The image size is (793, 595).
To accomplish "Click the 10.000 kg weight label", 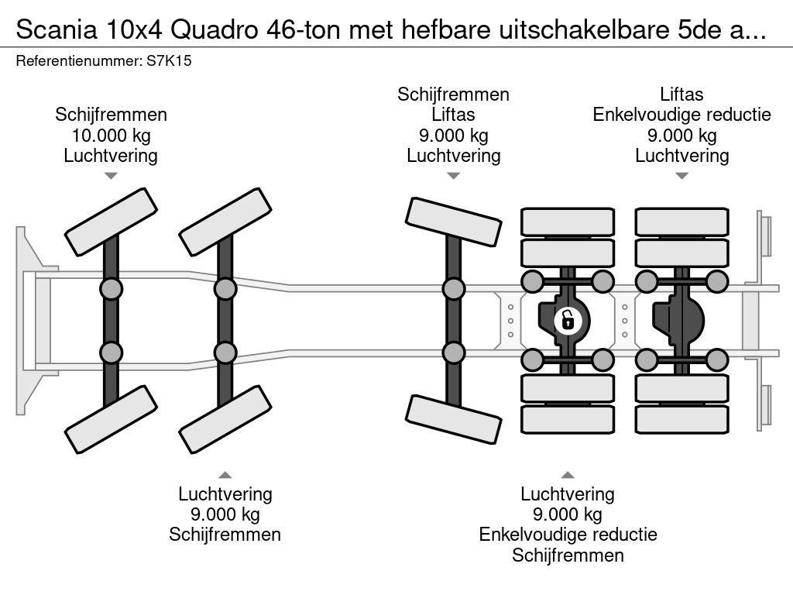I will (111, 136).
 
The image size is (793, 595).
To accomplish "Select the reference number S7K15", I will (169, 61).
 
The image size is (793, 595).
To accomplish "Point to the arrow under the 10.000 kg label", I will (111, 176).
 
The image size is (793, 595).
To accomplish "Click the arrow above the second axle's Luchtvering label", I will (225, 474).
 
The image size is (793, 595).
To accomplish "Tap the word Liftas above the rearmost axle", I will (681, 95).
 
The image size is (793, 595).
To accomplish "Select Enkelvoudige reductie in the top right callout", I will (681, 115).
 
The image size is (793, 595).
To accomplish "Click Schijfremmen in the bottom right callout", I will (568, 555).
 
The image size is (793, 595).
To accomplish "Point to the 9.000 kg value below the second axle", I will (225, 514).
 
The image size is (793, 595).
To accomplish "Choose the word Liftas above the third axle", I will (453, 115).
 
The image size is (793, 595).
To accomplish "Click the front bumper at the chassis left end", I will (28, 298).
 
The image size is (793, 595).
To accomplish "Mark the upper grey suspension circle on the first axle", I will (111, 289).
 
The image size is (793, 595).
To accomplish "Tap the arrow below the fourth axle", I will (568, 474).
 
